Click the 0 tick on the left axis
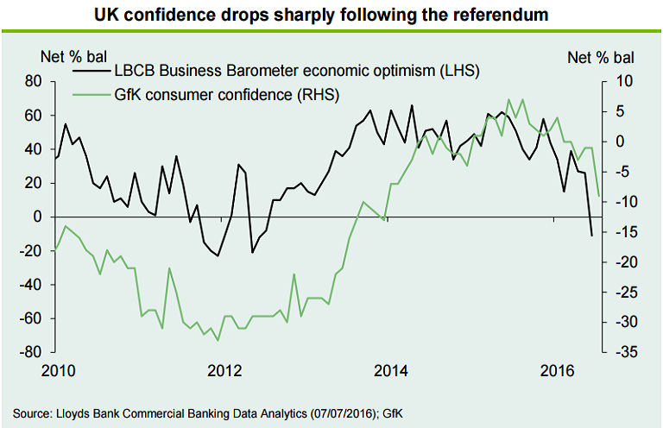click(x=38, y=217)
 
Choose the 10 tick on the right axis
click(x=623, y=81)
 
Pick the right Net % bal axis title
click(x=595, y=57)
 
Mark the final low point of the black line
click(x=591, y=235)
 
